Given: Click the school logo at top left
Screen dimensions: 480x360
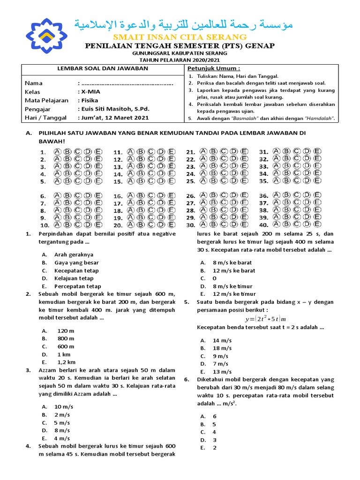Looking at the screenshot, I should [x=46, y=36].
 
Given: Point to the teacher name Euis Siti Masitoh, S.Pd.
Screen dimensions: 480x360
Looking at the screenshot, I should [x=113, y=109].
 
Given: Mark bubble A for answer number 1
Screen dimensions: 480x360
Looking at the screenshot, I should [x=58, y=152].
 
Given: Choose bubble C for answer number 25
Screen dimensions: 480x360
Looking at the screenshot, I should [x=224, y=181].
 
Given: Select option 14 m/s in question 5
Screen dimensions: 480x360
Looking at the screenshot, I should [x=222, y=340].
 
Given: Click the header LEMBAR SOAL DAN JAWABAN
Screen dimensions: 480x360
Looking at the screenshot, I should [x=102, y=68].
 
